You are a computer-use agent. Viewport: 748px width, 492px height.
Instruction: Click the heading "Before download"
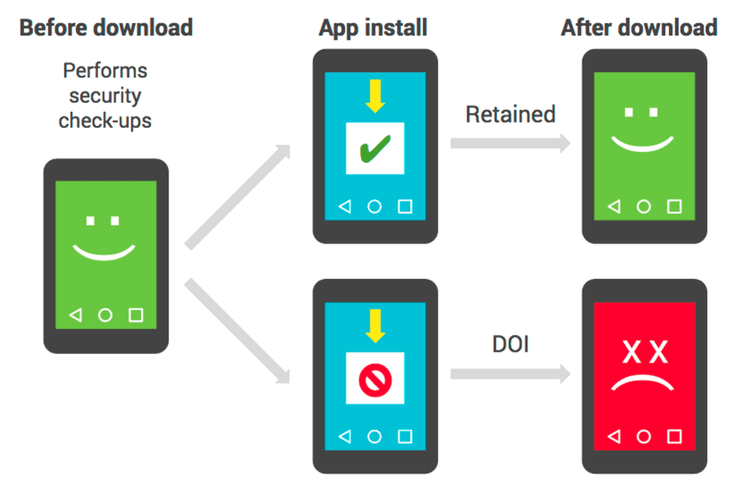coord(106,28)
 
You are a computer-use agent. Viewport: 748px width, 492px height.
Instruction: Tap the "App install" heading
coord(373,28)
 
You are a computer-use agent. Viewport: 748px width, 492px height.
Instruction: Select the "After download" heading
coord(639,28)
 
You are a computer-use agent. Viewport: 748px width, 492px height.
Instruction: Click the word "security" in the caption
coord(105,96)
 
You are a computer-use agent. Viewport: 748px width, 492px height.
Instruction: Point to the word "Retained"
coord(510,114)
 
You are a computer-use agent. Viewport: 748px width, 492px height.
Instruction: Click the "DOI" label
coord(510,344)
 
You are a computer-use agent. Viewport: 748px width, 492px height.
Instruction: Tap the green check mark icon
coord(375,149)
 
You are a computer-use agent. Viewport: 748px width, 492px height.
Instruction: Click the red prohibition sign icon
coord(375,380)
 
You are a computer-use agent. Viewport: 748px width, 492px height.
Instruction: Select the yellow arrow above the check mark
coord(376,96)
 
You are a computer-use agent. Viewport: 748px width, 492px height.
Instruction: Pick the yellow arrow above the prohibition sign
coord(376,326)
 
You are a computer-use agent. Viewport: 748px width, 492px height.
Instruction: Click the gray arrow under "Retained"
coord(510,143)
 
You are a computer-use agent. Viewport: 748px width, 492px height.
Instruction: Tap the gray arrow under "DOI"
coord(510,374)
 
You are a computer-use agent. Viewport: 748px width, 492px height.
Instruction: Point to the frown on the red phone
coord(642,380)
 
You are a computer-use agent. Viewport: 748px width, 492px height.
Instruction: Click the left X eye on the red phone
coord(632,353)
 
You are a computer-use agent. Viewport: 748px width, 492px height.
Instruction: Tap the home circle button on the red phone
coord(644,436)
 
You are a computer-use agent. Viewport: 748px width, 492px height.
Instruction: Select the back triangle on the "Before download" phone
coord(76,315)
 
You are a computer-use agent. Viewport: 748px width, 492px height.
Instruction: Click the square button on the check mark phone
coord(405,206)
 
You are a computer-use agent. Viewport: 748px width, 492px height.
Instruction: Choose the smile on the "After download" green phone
coord(642,144)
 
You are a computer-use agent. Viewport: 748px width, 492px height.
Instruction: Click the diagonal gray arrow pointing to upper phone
coord(238,197)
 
